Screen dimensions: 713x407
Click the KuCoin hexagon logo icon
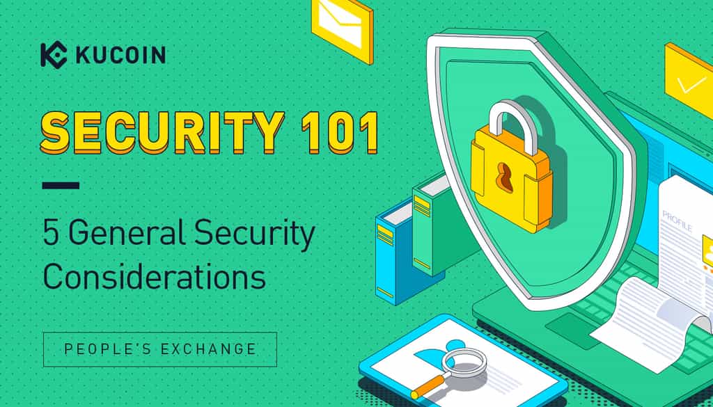click(x=54, y=54)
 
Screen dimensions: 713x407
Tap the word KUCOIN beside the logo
click(x=120, y=55)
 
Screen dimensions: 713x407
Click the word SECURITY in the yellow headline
click(x=162, y=132)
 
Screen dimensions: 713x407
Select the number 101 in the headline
click(x=340, y=132)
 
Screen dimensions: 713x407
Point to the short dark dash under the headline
click(x=61, y=185)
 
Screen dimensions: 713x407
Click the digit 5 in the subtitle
click(x=52, y=234)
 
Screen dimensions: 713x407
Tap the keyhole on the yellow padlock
click(x=504, y=175)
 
